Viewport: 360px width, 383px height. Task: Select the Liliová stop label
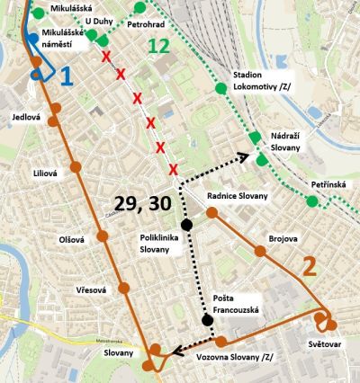click(x=45, y=173)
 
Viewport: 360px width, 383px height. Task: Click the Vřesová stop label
click(x=91, y=289)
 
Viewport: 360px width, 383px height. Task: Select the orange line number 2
click(x=309, y=266)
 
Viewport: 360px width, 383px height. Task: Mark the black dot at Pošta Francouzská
click(x=208, y=320)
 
